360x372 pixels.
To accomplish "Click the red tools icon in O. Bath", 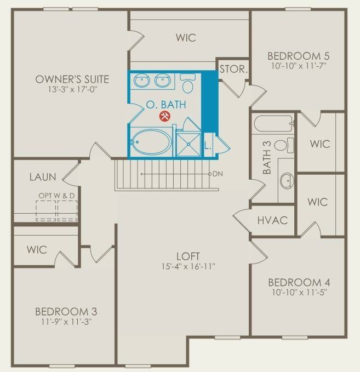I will [164, 116].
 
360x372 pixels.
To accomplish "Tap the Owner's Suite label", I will [72, 79].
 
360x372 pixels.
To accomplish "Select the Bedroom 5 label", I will [298, 56].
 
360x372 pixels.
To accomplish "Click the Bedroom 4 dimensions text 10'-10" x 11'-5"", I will [299, 294].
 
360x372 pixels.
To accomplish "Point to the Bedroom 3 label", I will [66, 312].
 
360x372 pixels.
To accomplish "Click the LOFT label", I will [187, 256].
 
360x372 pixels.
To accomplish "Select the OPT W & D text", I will [57, 196].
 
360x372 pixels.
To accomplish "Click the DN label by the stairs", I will [218, 174].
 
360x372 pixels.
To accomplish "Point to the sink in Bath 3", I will [285, 180].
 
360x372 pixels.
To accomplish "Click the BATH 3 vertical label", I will [267, 163].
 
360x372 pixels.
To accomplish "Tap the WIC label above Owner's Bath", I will [186, 38].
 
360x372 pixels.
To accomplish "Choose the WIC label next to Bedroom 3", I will [37, 250].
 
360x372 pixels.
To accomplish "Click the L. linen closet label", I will [208, 146].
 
